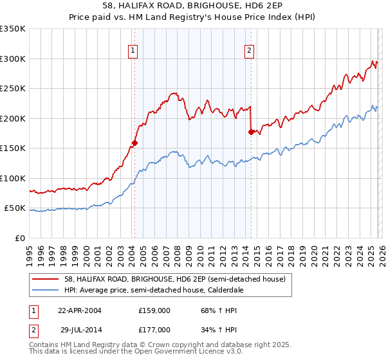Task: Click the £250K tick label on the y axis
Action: click(x=13, y=88)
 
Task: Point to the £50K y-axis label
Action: click(x=15, y=208)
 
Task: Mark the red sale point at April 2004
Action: click(x=135, y=143)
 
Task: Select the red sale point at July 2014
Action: click(x=251, y=132)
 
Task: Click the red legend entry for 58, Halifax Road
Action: click(x=161, y=278)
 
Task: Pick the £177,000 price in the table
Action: click(x=154, y=329)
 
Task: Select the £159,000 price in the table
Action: click(x=154, y=310)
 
